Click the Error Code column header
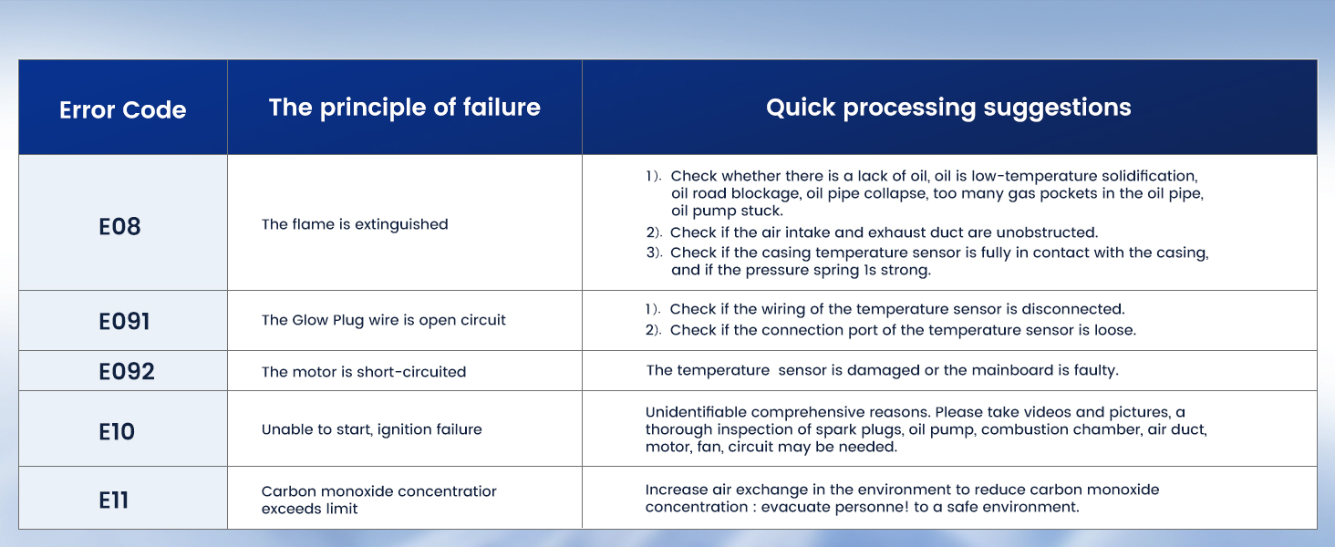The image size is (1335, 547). (123, 109)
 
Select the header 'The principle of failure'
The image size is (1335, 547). (405, 108)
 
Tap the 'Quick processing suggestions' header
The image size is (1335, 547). (948, 108)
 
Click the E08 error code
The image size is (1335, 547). (119, 226)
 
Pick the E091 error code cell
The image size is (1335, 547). (124, 321)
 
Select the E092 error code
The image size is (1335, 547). (127, 371)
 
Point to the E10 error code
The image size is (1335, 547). (117, 431)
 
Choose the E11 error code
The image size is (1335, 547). (113, 500)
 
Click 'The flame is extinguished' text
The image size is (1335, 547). (355, 224)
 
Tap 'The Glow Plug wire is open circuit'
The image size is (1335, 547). (383, 320)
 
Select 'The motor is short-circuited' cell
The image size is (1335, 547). (364, 372)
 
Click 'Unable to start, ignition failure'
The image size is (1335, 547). (371, 429)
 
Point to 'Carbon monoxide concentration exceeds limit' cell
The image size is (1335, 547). (379, 500)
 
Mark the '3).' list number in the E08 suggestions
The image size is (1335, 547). (654, 253)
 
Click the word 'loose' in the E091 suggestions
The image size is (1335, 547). (1114, 330)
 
